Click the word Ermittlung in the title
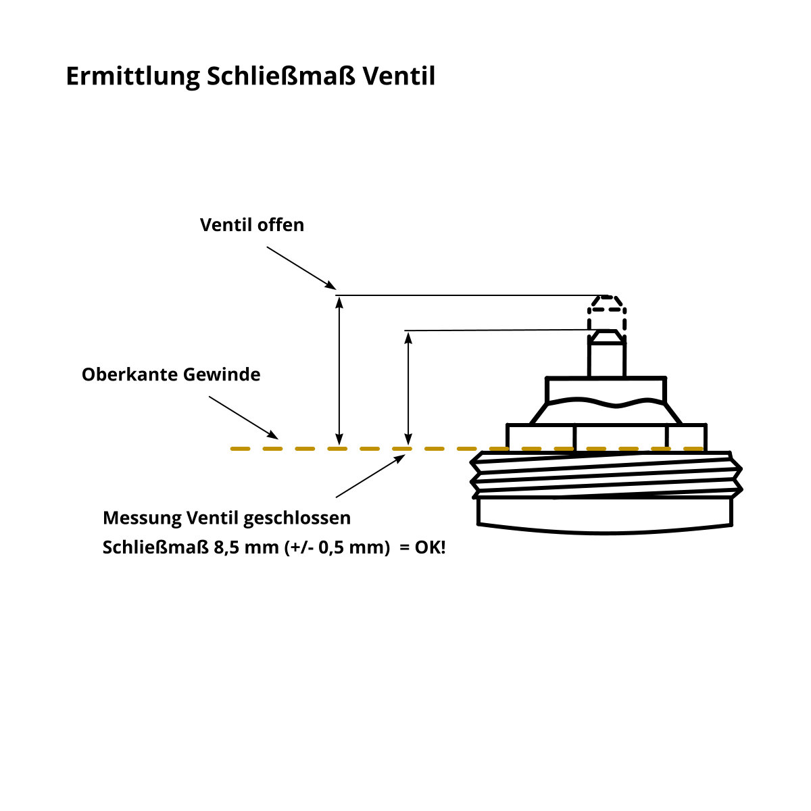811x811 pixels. click(133, 76)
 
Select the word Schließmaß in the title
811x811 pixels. click(281, 76)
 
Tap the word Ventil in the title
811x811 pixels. click(399, 76)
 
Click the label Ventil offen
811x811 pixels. click(251, 225)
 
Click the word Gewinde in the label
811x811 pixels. click(222, 374)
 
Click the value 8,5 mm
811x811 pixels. click(246, 547)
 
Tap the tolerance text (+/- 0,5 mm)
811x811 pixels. click(337, 547)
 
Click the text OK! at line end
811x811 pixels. click(430, 547)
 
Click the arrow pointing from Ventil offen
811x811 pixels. click(301, 268)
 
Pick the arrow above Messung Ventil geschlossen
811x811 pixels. click(370, 476)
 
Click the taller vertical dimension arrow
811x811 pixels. click(339, 370)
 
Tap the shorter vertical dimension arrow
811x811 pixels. click(408, 388)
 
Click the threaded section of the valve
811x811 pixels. click(606, 474)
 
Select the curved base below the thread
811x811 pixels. click(605, 516)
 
